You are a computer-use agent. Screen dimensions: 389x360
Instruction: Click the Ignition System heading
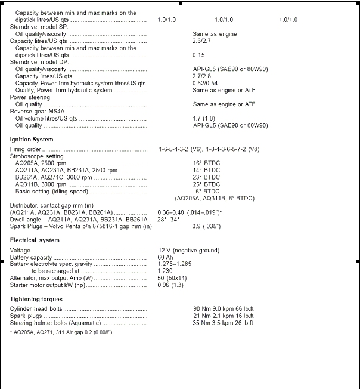coord(31,139)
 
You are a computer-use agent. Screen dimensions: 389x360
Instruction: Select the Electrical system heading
coord(35,240)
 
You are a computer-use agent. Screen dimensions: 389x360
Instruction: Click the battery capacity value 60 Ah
coord(167,257)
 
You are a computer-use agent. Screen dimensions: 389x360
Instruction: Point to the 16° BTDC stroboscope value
coord(206,163)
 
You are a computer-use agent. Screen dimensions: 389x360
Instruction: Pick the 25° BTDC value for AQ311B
coord(206,184)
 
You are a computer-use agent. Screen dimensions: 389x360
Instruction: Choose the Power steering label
coord(30,97)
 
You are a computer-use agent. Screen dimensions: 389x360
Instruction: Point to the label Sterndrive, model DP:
coord(38,62)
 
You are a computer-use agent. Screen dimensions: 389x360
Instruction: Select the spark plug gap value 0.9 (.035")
coord(206,226)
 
